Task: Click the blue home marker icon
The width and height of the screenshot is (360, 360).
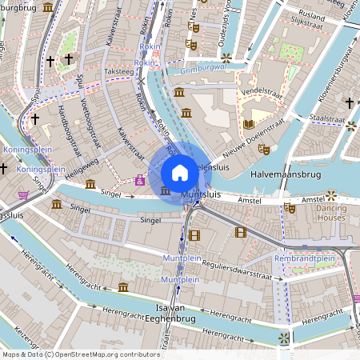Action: pyautogui.click(x=180, y=172)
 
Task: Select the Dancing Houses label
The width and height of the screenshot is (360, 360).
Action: pyautogui.click(x=330, y=213)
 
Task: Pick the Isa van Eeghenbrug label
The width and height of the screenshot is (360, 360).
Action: pyautogui.click(x=171, y=313)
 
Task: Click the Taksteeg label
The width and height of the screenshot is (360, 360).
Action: pyautogui.click(x=118, y=70)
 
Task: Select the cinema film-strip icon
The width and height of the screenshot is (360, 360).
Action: pyautogui.click(x=241, y=232)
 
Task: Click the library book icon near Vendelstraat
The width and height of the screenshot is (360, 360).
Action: pyautogui.click(x=249, y=124)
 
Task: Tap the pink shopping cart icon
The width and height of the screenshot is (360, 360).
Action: pyautogui.click(x=24, y=195)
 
